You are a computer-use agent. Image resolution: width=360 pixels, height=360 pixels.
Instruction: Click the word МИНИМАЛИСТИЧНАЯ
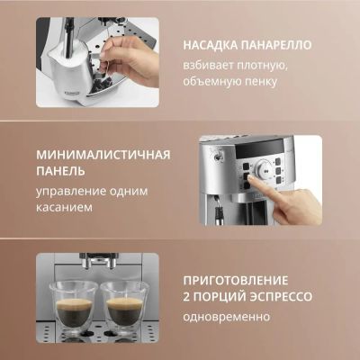(x=103, y=155)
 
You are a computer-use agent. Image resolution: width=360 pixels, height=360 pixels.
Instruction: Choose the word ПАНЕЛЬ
(x=60, y=172)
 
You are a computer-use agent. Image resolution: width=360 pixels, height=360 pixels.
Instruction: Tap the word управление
(x=70, y=192)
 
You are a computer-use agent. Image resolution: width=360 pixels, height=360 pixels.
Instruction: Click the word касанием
(x=64, y=208)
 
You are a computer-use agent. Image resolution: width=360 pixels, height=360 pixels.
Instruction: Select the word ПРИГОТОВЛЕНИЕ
(x=236, y=281)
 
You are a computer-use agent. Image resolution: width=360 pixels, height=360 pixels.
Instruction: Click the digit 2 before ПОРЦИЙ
(x=186, y=297)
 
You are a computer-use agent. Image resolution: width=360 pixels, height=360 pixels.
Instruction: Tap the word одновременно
(x=227, y=317)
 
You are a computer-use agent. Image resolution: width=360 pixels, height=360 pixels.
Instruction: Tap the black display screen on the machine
(x=258, y=149)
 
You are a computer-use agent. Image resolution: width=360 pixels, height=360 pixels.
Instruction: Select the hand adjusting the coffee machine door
(x=129, y=60)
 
